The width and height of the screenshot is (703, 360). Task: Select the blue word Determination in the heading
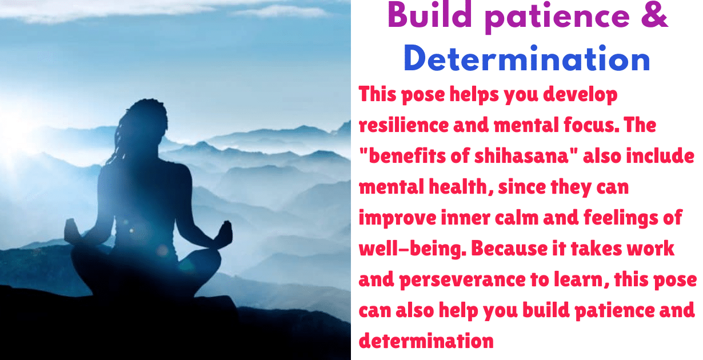coord(527,59)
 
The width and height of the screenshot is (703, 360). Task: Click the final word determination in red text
coord(426,341)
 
